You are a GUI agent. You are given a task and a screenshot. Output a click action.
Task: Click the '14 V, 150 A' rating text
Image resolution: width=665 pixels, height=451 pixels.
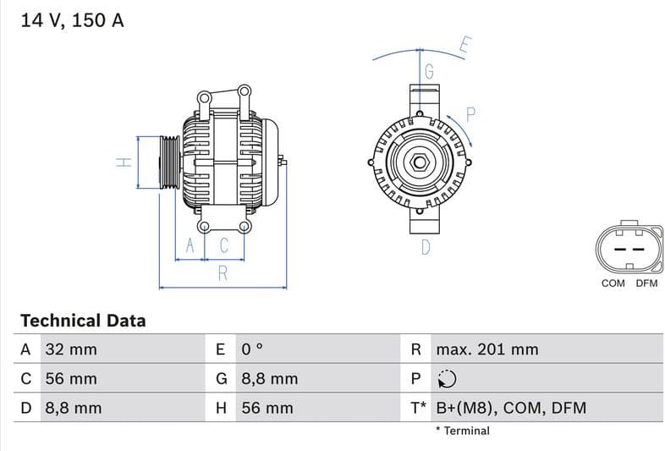(72, 21)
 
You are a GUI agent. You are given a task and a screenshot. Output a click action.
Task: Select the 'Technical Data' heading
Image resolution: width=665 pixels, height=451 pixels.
(83, 321)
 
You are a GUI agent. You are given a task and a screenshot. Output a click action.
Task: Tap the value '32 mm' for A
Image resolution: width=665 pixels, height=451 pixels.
(70, 349)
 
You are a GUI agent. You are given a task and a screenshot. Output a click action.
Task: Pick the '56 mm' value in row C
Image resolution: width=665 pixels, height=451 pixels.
(70, 379)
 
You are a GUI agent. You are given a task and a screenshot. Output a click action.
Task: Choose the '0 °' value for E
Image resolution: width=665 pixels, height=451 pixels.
(253, 349)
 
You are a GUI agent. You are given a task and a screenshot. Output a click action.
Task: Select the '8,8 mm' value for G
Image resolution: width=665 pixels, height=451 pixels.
(269, 379)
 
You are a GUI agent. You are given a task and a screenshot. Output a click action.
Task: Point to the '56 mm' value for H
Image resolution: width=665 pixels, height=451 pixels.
(267, 408)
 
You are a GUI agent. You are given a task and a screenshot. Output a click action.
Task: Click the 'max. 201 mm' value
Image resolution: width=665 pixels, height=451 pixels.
(486, 349)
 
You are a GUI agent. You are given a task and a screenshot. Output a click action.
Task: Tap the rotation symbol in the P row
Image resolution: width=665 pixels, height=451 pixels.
(447, 379)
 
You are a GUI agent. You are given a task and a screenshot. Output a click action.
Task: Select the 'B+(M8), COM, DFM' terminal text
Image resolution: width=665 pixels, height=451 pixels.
(510, 408)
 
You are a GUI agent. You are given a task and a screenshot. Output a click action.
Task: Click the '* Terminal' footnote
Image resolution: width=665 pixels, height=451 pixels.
(462, 431)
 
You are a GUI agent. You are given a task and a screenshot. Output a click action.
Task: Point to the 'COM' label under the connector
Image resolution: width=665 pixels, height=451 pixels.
(613, 283)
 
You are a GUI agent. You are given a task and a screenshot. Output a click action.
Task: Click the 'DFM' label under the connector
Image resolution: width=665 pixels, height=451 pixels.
(646, 283)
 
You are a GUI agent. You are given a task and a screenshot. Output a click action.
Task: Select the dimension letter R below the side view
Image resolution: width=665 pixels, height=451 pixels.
(223, 273)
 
